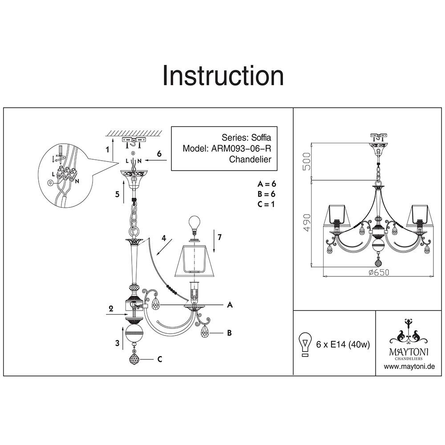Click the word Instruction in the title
223,76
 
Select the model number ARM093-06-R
240,149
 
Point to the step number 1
107,150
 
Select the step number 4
164,239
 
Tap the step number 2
111,308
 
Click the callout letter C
159,360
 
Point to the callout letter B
229,332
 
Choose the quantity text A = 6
267,184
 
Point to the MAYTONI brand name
409,352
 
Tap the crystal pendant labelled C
135,358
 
